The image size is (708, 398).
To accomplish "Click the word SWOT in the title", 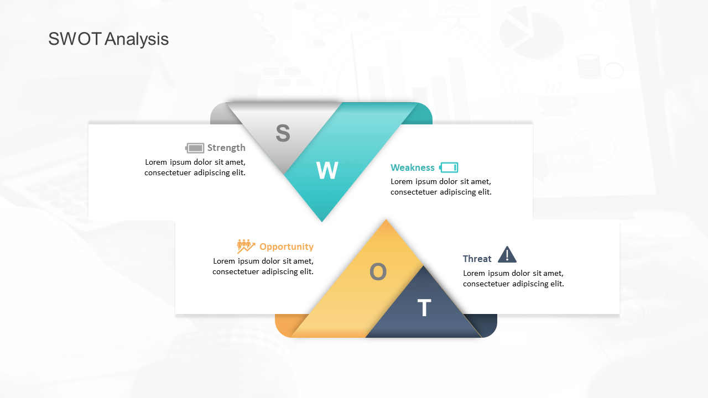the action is click(x=75, y=39).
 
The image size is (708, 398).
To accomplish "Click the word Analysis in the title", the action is click(x=137, y=39).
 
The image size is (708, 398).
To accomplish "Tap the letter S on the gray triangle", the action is click(x=283, y=133).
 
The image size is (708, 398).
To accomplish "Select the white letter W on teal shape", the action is click(x=327, y=170).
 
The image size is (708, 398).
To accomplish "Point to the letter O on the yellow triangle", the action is click(x=378, y=271).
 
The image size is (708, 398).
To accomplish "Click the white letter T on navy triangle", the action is click(x=424, y=308).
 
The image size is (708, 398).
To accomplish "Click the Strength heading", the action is click(x=226, y=148).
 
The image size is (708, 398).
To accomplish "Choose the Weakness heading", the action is click(x=413, y=167).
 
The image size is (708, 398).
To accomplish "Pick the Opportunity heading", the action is click(x=287, y=247).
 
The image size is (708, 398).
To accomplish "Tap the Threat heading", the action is click(x=477, y=259).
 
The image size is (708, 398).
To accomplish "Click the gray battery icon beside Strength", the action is click(x=194, y=148).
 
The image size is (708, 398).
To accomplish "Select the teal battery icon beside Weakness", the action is click(x=449, y=167).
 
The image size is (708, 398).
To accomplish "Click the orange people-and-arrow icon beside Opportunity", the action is click(x=246, y=247).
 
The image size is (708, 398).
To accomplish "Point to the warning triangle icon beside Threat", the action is click(x=507, y=255).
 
